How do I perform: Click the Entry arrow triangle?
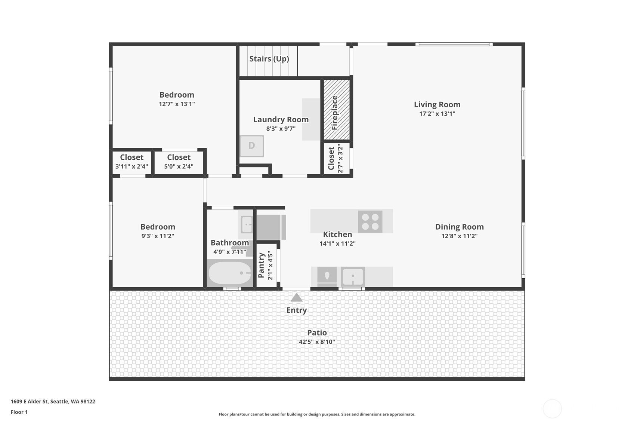point(296,298)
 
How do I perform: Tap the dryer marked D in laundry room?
point(251,146)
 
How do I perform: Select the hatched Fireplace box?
point(336,110)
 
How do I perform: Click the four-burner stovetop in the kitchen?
point(370,222)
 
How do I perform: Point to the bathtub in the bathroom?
point(229,273)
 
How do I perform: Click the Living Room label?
point(437,105)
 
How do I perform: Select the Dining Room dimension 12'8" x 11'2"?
point(459,236)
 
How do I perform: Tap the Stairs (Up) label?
point(269,59)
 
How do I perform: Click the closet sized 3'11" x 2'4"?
point(132,162)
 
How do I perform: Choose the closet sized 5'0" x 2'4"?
point(179,162)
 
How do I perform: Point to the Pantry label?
point(262,265)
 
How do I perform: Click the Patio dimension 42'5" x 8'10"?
point(317,342)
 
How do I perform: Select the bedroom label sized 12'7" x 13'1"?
point(177,95)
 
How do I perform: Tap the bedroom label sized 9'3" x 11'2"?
point(158,227)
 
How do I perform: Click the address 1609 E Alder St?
point(53,402)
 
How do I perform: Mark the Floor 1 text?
point(19,412)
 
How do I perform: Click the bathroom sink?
point(247,224)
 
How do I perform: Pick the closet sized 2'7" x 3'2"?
point(336,159)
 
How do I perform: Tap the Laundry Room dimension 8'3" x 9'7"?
point(281,129)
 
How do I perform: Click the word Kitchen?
point(337,235)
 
